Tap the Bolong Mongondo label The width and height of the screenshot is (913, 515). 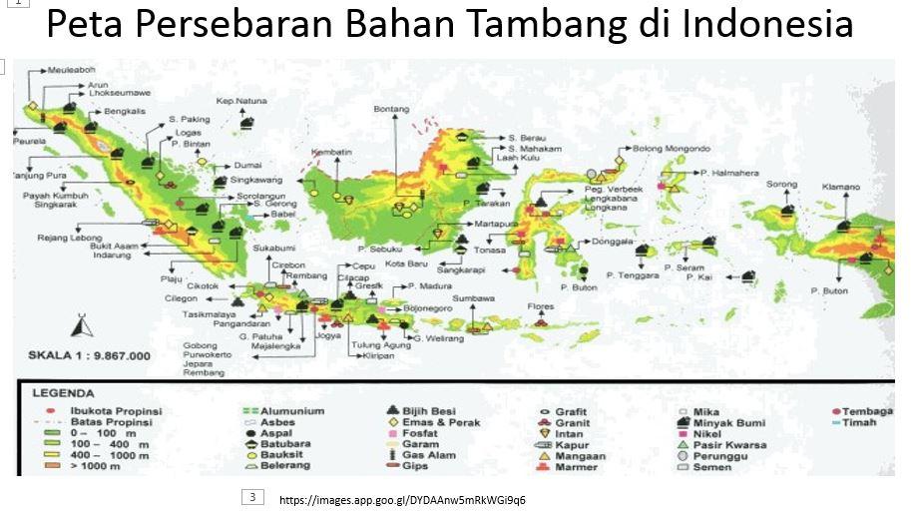(x=671, y=149)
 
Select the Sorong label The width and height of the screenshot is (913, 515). (x=782, y=185)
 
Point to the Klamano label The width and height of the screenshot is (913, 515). (x=841, y=187)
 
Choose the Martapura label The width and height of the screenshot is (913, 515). (x=496, y=224)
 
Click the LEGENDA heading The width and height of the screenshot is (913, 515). (x=63, y=393)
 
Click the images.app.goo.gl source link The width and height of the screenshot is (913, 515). (x=402, y=499)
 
